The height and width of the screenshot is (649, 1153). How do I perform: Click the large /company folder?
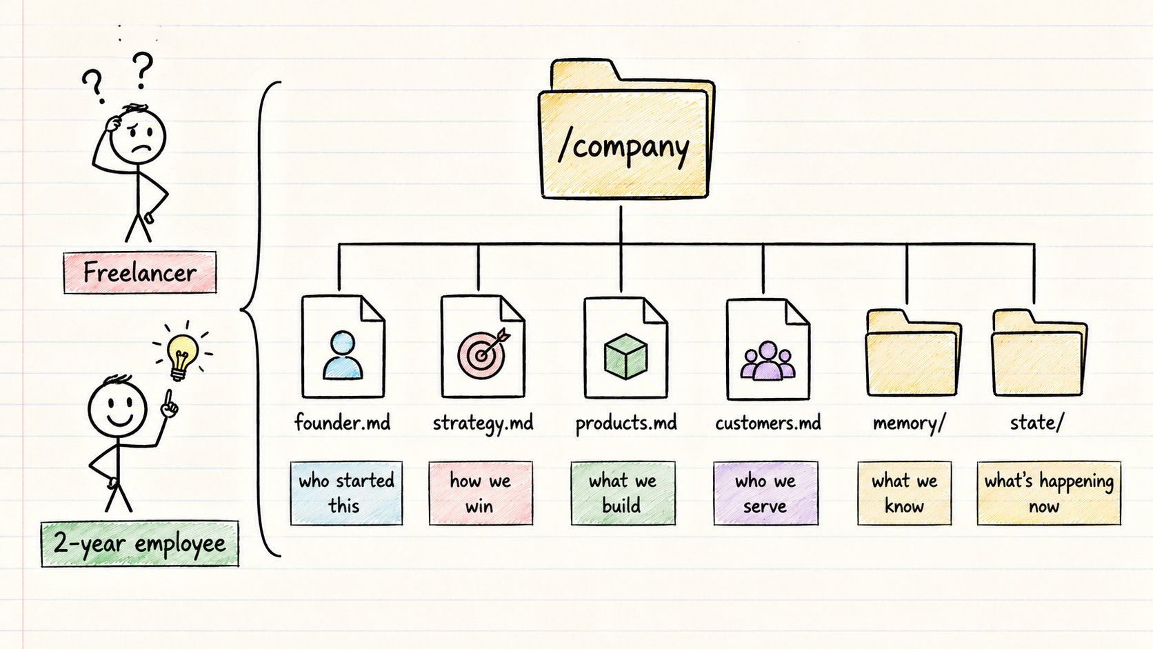625,130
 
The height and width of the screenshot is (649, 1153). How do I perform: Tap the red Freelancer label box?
140,273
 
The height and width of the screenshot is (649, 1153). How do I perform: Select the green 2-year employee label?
139,544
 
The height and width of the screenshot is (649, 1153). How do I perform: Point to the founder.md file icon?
343,346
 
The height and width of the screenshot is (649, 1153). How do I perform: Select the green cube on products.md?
625,356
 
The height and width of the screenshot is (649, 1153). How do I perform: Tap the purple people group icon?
768,361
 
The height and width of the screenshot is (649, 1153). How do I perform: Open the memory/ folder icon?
912,352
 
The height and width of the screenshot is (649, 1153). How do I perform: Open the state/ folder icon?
1039,352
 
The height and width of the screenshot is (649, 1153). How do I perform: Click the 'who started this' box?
346,493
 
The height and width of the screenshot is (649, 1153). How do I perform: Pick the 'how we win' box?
481,493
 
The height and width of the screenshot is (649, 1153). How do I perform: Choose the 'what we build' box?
623,493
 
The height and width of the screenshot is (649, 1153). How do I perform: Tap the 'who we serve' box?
765,493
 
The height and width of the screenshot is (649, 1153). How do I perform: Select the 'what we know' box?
904,493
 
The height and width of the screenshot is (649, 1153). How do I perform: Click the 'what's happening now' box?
1049,493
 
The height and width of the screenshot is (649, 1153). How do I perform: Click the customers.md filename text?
768,423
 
